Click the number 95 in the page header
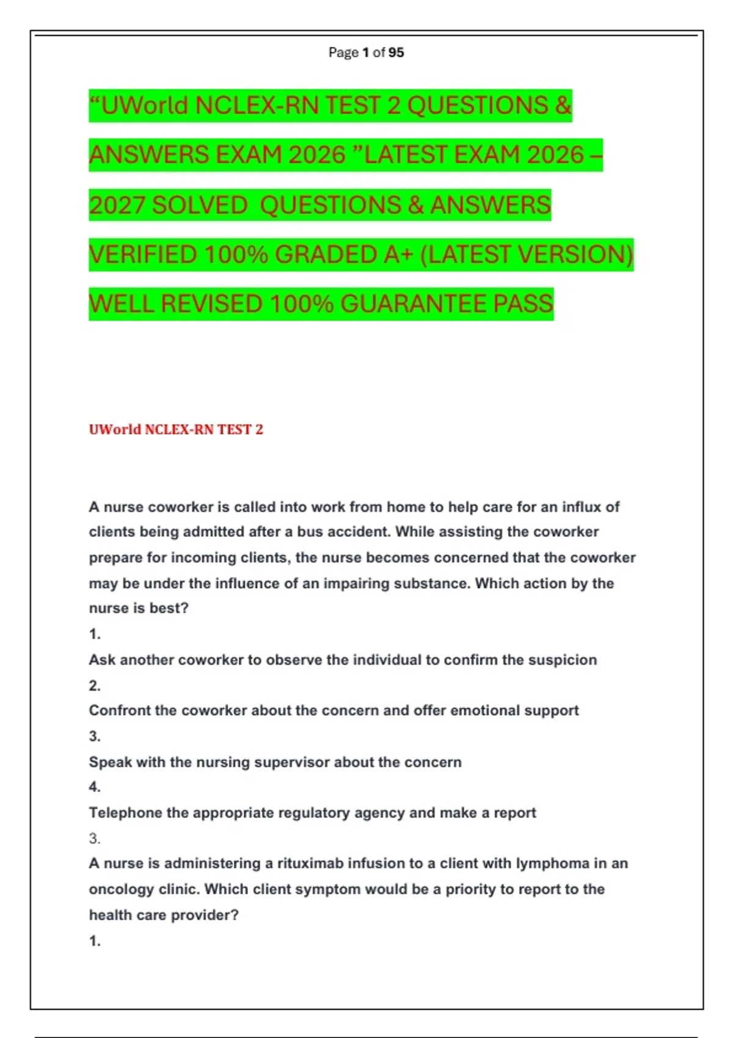tap(396, 53)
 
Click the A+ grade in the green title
tap(398, 255)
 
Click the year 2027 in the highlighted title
tap(117, 205)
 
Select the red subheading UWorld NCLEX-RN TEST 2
tap(176, 429)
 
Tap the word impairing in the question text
tap(356, 583)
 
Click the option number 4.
tap(94, 787)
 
